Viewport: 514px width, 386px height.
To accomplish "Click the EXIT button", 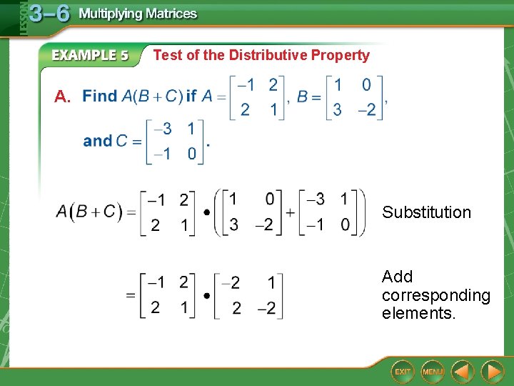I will [403, 372].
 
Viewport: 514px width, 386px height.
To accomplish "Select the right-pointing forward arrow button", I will [492, 372].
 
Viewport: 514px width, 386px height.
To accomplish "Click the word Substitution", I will [426, 212].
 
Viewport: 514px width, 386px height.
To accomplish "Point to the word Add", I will [397, 277].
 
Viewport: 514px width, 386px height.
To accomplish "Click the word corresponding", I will [435, 295].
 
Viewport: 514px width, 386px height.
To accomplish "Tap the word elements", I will [418, 313].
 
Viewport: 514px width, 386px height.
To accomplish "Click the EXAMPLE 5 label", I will [91, 55].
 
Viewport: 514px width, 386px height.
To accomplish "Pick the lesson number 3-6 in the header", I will [49, 14].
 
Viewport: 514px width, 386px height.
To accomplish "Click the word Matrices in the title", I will [169, 14].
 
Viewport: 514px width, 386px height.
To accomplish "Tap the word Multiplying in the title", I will [109, 14].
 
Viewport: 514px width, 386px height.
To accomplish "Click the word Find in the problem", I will [99, 96].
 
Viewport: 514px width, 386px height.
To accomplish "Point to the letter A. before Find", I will [63, 96].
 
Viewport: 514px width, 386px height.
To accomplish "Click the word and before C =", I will [98, 141].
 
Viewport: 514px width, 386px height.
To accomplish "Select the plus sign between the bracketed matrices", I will [290, 212].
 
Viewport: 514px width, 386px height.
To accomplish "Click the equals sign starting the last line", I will [131, 295].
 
